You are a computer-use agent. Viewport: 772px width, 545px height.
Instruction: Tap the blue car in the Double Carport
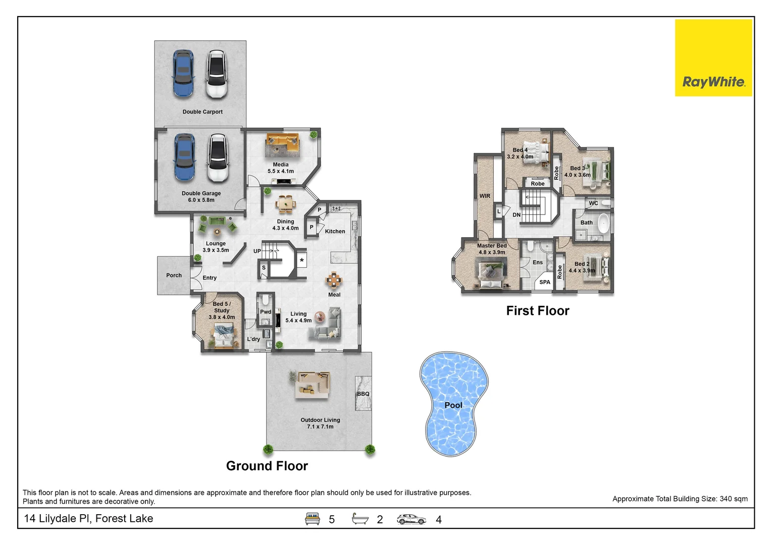(x=183, y=74)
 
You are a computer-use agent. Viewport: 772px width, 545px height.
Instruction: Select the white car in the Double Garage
(x=218, y=158)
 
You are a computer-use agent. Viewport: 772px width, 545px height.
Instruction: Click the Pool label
(x=453, y=405)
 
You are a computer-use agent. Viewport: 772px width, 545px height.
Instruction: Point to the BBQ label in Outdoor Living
(x=363, y=394)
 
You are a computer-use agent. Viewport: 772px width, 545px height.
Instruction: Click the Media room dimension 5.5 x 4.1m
(x=281, y=171)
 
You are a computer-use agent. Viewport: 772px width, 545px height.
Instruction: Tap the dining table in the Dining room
(x=286, y=204)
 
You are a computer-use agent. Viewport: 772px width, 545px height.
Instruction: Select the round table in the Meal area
(x=334, y=279)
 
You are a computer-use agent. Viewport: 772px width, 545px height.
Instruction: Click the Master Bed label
(x=492, y=246)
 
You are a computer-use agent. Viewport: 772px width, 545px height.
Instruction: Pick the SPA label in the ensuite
(x=544, y=282)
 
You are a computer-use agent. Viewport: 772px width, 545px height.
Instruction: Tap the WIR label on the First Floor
(x=485, y=196)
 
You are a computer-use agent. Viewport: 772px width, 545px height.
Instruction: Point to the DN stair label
(x=516, y=215)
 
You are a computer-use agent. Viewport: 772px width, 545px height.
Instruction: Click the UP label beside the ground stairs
(x=257, y=251)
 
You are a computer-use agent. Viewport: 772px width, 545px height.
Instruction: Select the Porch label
(x=174, y=276)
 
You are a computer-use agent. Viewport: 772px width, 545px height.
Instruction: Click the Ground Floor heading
(x=267, y=466)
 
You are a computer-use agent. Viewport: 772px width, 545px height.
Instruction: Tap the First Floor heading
(x=537, y=311)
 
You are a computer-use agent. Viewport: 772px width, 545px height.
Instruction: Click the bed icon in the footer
(x=313, y=519)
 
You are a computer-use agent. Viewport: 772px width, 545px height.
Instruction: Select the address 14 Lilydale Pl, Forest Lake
(x=88, y=518)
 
